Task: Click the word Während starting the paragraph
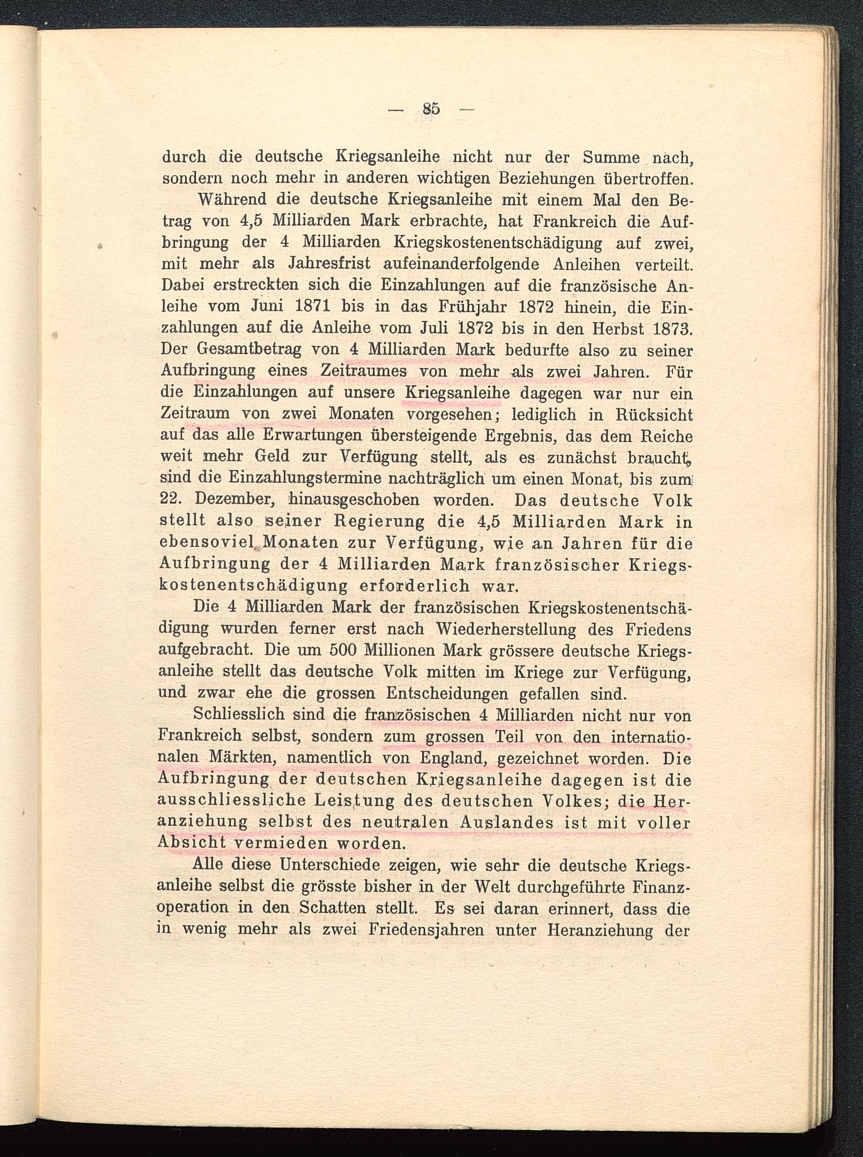[x=223, y=200]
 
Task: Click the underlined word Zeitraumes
[x=364, y=371]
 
